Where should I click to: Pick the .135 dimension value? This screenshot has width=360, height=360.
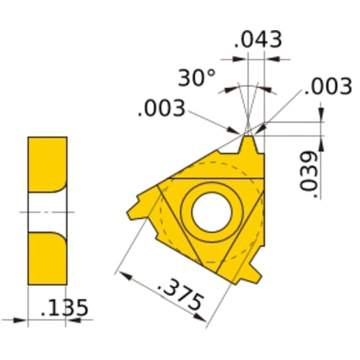65,308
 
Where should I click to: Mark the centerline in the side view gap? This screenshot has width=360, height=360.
48,212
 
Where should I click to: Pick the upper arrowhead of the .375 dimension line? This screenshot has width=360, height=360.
121,274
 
